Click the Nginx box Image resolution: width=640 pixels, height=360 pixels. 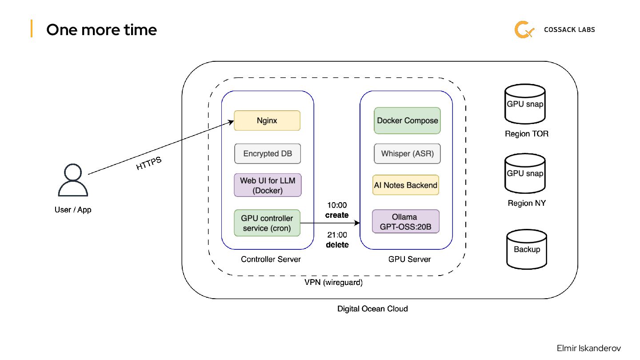(267, 120)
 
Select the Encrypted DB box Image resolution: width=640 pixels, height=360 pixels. (267, 154)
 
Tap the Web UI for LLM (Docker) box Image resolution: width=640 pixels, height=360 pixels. (268, 185)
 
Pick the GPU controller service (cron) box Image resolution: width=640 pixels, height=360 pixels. (267, 223)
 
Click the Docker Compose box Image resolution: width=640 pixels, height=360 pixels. (407, 120)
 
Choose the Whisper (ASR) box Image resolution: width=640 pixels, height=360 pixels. (407, 154)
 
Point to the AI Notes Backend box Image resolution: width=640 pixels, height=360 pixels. (406, 185)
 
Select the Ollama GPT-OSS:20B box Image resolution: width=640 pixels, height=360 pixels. (405, 221)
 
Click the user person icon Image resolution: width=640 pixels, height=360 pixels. (73, 180)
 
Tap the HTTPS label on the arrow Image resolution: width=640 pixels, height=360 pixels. (148, 164)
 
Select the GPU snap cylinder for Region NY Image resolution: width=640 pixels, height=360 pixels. (525, 174)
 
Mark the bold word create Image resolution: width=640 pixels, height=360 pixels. (337, 215)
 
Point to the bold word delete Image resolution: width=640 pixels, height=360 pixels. (337, 244)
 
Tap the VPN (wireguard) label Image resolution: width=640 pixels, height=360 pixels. (333, 282)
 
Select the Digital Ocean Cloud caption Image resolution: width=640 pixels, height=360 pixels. (372, 308)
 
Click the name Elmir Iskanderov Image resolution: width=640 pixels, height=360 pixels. (588, 348)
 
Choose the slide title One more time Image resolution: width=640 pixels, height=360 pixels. (101, 30)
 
